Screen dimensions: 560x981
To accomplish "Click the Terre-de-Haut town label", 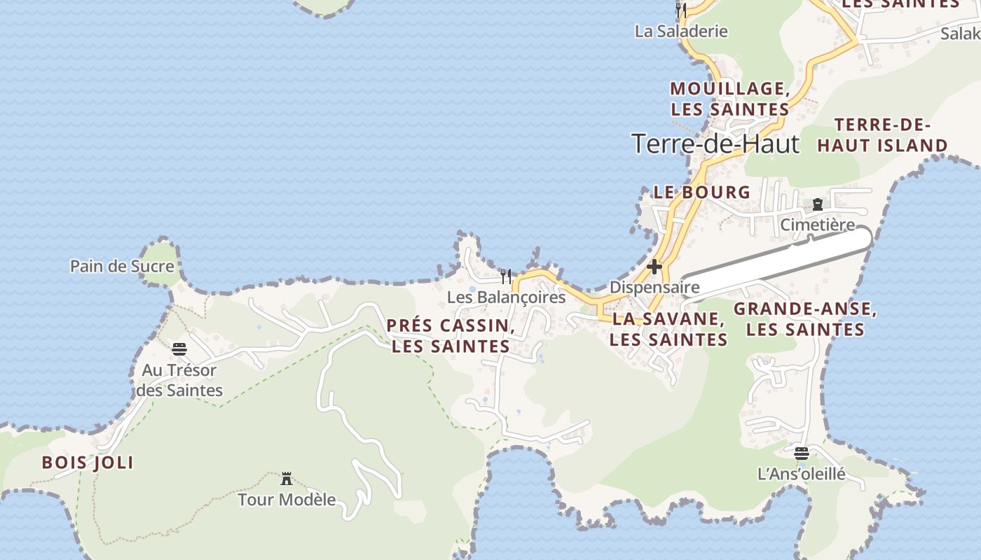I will [x=715, y=143].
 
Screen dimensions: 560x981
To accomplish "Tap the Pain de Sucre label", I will [x=122, y=266].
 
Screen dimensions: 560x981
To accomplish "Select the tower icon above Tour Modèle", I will [x=287, y=479].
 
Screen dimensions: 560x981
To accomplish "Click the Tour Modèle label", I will [x=287, y=500].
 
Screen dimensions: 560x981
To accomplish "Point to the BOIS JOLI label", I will [x=88, y=463].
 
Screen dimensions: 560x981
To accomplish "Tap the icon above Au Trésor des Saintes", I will [x=179, y=349].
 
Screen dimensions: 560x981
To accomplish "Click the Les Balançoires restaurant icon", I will [x=506, y=276].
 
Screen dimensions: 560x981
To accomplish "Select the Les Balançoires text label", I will [x=506, y=297].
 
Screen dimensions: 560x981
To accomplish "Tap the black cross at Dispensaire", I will [x=654, y=267].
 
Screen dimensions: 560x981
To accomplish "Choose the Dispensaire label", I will [x=654, y=287].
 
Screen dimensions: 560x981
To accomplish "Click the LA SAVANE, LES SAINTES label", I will [x=668, y=330].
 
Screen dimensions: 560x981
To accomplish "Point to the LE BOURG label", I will [x=701, y=192].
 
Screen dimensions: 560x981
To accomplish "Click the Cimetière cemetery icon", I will [x=818, y=204].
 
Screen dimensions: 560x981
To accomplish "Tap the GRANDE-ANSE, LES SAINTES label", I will [x=805, y=319].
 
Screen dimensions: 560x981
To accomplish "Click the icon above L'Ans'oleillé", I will [x=802, y=453].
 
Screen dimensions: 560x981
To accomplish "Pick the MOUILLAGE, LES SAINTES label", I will [x=730, y=99].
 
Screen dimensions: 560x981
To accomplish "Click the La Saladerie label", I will [x=681, y=31].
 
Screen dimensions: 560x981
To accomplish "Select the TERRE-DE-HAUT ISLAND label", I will [x=882, y=136].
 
